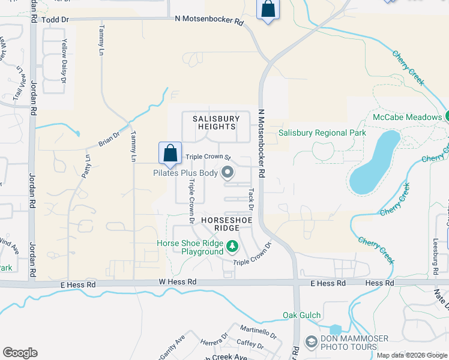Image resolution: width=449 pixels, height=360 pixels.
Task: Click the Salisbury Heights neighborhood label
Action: (214, 123)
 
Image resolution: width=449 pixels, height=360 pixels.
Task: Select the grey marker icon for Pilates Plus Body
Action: (228, 173)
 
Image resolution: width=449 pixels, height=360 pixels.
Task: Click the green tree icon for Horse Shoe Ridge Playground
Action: (232, 247)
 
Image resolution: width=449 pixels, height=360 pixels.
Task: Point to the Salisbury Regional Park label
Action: (322, 133)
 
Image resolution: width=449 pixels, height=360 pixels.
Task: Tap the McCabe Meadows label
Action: (406, 117)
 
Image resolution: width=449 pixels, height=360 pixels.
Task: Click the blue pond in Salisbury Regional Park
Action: (373, 164)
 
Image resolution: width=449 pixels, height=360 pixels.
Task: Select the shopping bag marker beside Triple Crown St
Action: (170, 153)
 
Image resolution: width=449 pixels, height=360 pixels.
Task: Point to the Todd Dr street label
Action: (56, 20)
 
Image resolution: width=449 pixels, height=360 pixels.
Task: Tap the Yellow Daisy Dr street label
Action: (63, 59)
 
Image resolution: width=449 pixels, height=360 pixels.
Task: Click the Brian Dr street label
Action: (109, 140)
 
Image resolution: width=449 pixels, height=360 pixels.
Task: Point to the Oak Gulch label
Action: (302, 315)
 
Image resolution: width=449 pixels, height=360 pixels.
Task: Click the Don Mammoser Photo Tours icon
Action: (311, 342)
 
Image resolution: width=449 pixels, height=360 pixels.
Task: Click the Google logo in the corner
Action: (20, 353)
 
